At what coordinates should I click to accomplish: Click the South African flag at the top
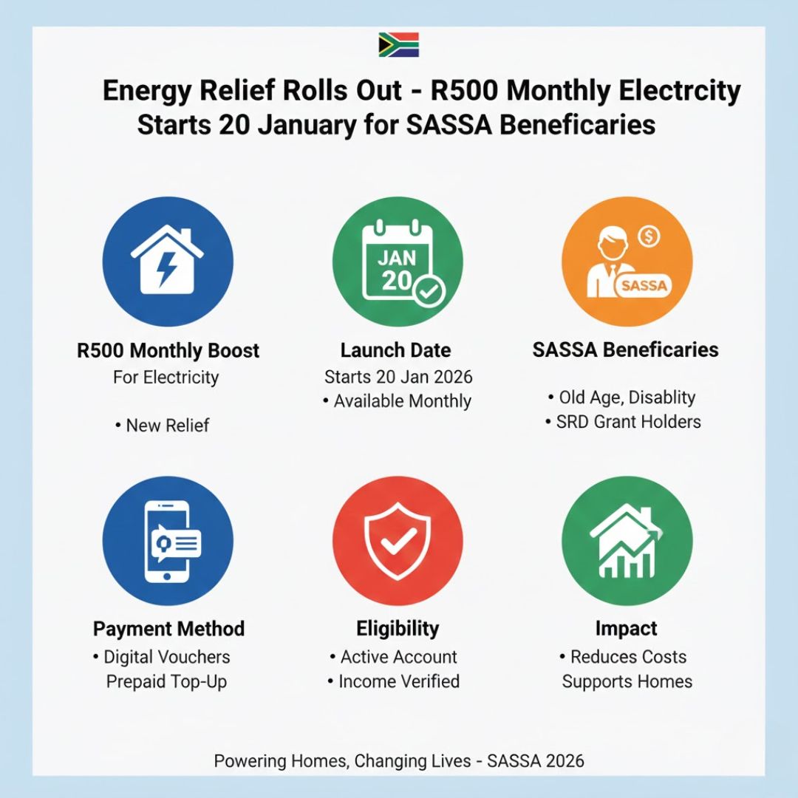tap(398, 45)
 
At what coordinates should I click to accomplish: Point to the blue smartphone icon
tap(168, 541)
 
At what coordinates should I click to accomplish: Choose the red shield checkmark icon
tap(398, 541)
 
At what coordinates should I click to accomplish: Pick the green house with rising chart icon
tap(627, 541)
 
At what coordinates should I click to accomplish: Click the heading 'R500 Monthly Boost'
tap(168, 349)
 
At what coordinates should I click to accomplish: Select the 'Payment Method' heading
tap(168, 629)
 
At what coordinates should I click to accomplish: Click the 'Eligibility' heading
tap(398, 629)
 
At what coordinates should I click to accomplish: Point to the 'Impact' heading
tap(627, 629)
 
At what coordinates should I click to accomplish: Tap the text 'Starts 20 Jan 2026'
tap(398, 377)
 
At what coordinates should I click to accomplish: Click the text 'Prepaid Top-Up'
tap(168, 681)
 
